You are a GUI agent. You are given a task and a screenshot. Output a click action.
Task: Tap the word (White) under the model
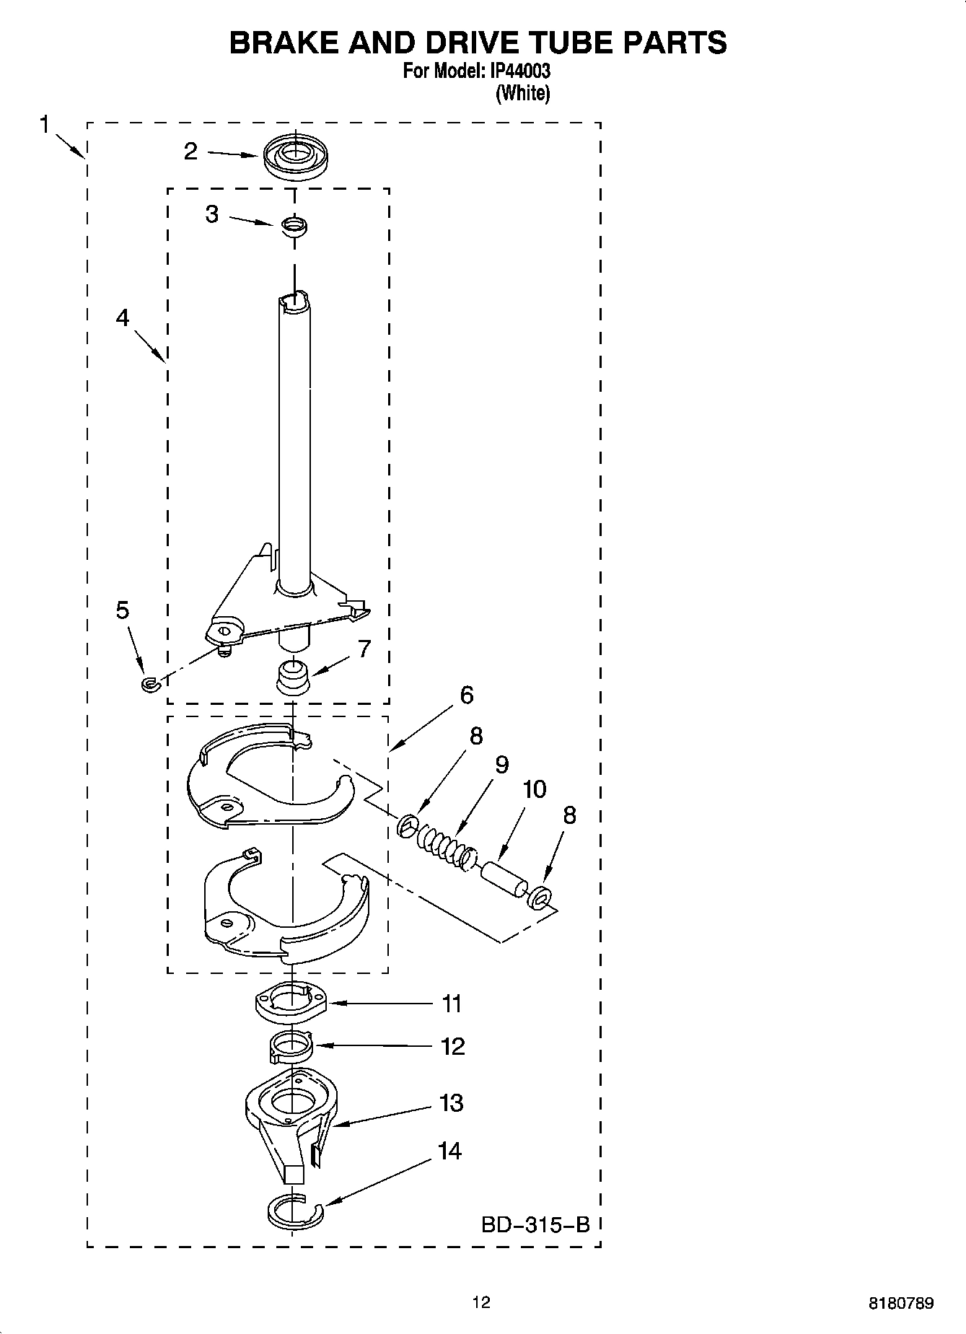(522, 93)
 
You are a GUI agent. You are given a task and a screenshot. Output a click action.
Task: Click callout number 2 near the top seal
(190, 152)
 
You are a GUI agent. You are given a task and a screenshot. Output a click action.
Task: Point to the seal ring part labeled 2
(294, 158)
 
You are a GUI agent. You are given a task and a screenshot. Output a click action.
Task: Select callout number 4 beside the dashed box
(123, 317)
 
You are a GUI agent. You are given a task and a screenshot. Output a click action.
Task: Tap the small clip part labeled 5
(149, 683)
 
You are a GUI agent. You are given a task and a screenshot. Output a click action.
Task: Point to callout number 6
(466, 695)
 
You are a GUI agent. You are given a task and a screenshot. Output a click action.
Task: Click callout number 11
(452, 1004)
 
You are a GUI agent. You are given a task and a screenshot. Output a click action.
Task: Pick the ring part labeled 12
(291, 1045)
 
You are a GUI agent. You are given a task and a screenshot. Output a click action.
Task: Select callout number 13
(452, 1103)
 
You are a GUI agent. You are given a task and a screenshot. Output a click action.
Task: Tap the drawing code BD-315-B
(535, 1224)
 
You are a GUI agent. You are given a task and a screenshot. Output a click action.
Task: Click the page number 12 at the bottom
(481, 1302)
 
